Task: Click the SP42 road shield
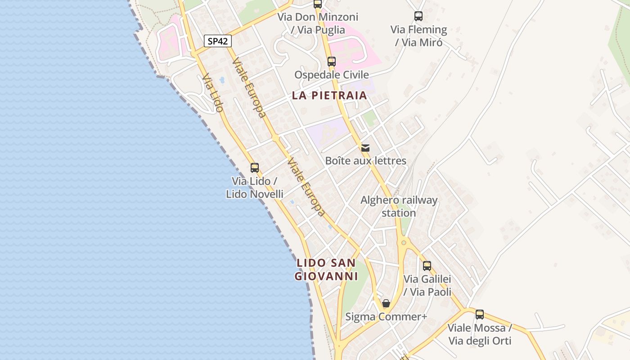(x=218, y=41)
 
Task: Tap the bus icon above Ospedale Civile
(x=332, y=62)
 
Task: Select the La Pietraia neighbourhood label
(x=329, y=96)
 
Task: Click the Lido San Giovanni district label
(x=326, y=270)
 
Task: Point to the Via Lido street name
(x=212, y=94)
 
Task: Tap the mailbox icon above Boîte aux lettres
(x=365, y=148)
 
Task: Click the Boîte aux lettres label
(x=365, y=161)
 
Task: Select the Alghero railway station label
(x=399, y=206)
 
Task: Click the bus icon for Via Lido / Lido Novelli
(x=255, y=168)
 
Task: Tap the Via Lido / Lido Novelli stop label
(x=255, y=188)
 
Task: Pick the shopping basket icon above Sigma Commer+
(x=386, y=303)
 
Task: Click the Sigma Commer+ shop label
(x=386, y=317)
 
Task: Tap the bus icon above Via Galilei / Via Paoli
(x=427, y=266)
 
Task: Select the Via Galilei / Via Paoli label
(x=427, y=285)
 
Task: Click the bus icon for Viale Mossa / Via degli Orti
(x=480, y=315)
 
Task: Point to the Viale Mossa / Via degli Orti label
(x=480, y=334)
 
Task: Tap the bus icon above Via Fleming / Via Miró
(x=418, y=17)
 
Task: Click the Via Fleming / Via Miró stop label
(x=418, y=36)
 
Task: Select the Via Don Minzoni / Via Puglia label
(x=318, y=23)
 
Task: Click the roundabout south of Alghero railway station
(x=404, y=243)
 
